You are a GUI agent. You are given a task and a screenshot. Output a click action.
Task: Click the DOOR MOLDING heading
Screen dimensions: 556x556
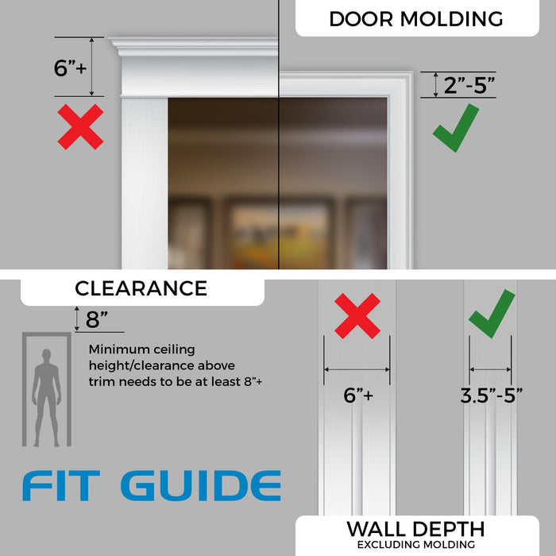pos(416,18)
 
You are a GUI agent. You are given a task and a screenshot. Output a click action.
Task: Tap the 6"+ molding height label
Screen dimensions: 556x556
pos(72,68)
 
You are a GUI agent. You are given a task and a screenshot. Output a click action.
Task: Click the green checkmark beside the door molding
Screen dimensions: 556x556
pos(455,127)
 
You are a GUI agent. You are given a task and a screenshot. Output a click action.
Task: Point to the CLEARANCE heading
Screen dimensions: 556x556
pos(141,288)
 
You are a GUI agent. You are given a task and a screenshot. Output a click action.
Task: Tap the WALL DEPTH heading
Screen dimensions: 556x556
pos(415,529)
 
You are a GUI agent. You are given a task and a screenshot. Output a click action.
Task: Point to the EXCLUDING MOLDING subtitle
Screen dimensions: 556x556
pos(415,545)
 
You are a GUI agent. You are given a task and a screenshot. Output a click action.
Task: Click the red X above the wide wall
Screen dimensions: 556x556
pos(357,315)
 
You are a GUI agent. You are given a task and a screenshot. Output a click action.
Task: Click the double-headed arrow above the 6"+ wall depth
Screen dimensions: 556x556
pos(357,369)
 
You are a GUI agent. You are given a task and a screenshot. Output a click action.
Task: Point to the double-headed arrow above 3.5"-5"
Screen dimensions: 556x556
pos(490,369)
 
